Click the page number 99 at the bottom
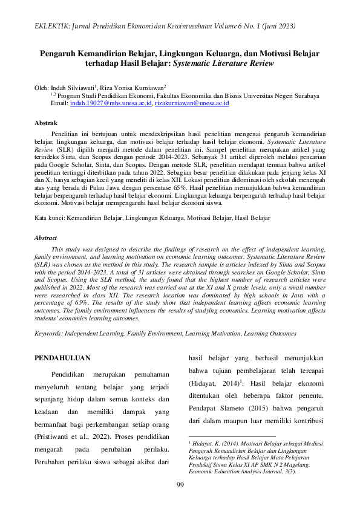coord(180,485)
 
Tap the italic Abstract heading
coord(45,238)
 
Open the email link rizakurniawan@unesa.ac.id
coord(191,104)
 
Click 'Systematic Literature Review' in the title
coord(224,63)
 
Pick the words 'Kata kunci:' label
coord(49,216)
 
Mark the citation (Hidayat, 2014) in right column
coord(213,383)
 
